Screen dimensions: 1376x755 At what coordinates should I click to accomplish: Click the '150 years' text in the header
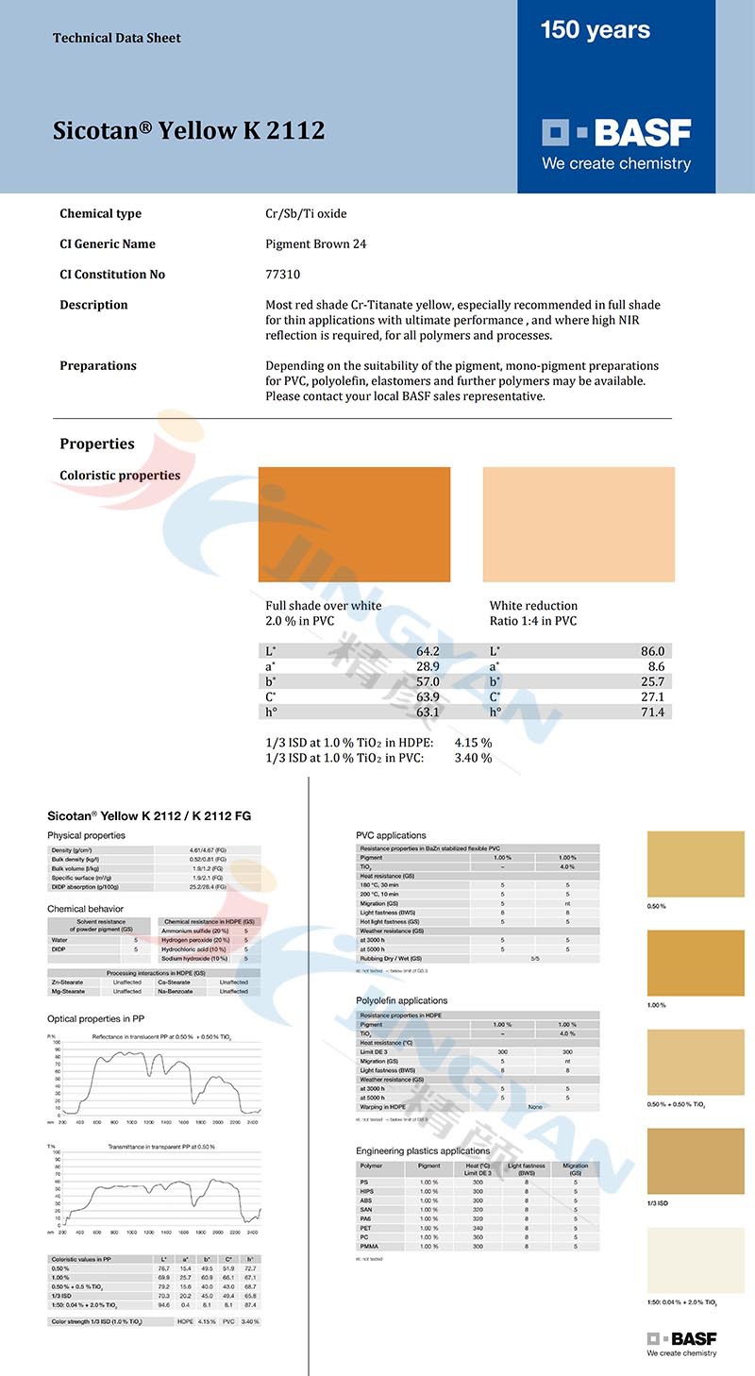click(595, 30)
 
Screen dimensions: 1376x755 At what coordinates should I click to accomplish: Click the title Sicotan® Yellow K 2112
click(189, 130)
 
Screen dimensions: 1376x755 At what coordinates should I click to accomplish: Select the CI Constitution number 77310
click(281, 275)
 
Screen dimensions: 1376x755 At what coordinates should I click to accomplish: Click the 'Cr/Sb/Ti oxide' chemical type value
click(306, 214)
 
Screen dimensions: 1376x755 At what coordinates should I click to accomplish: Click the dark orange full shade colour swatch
click(354, 524)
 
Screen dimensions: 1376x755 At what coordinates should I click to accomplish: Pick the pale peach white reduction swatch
click(579, 524)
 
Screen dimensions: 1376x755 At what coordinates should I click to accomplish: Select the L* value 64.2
click(428, 651)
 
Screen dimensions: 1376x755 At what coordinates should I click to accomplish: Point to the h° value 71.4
click(652, 712)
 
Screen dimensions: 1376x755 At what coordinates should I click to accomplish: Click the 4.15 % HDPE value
click(473, 743)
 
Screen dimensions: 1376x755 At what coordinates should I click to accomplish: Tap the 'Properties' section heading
click(97, 444)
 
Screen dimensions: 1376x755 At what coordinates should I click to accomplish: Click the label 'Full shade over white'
click(324, 606)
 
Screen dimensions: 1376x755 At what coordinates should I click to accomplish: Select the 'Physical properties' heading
click(86, 835)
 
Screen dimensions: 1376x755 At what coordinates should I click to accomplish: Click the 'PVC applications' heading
click(391, 835)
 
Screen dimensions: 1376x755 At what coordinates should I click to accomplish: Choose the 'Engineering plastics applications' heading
click(423, 1151)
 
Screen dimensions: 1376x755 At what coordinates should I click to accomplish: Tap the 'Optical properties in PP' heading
click(96, 1018)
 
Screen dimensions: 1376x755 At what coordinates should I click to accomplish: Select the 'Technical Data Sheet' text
click(117, 39)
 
